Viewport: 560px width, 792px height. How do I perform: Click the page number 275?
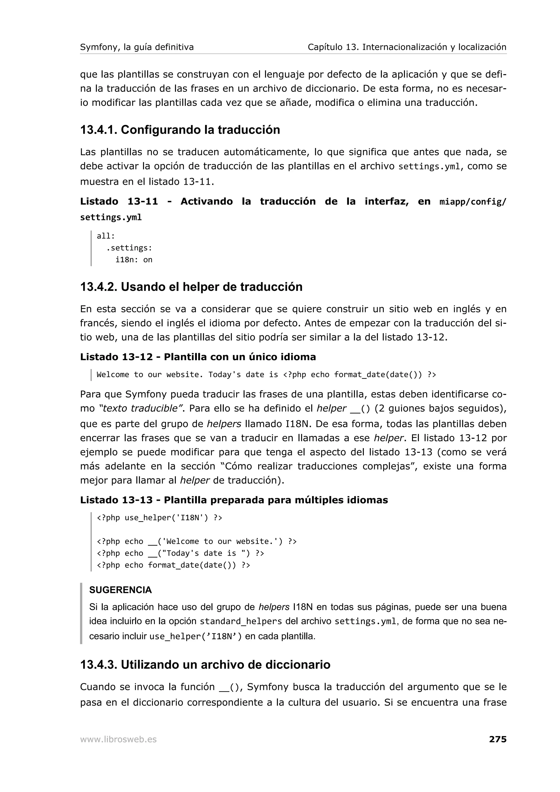498,739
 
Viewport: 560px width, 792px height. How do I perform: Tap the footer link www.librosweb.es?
118,739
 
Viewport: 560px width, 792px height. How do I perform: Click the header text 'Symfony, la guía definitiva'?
137,47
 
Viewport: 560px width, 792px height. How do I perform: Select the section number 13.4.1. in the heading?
99,130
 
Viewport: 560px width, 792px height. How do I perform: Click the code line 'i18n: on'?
134,260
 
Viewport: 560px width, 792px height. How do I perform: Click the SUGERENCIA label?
120,590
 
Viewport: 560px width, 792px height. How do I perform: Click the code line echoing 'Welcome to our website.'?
196,541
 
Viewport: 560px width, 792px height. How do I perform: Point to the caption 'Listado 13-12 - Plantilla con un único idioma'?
198,357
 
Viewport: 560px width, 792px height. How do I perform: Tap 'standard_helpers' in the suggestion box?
241,621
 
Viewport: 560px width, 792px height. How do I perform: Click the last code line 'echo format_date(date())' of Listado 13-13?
173,565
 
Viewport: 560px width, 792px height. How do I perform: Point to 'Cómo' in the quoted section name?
238,466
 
